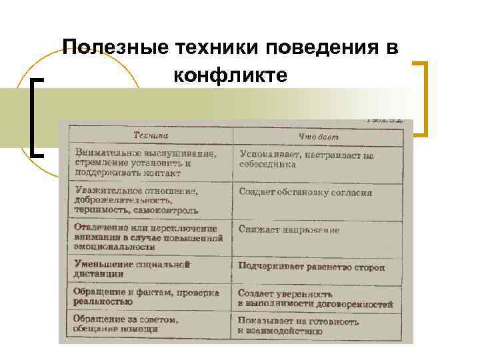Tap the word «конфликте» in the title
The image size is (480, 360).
pos(231,76)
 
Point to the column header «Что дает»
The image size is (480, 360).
pos(318,137)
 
